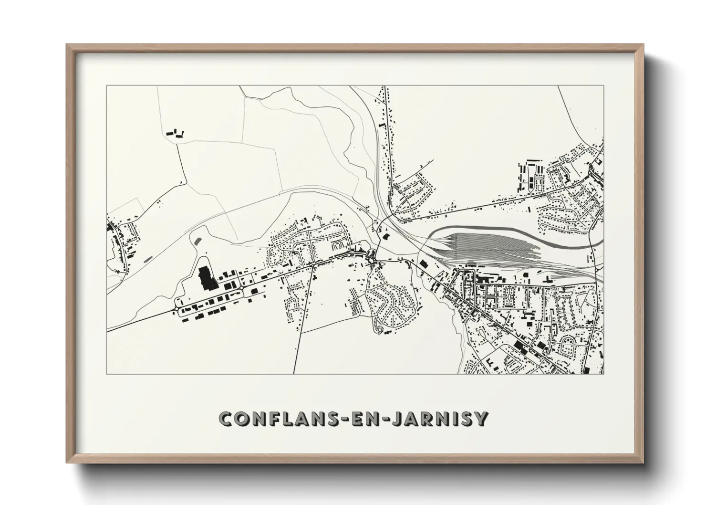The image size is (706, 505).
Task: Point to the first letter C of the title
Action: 225,419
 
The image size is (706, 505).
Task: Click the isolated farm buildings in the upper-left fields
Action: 175,133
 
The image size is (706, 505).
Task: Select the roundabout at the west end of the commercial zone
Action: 177,311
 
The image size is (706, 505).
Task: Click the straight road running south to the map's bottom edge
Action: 297,353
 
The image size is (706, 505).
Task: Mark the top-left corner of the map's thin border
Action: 107,86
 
